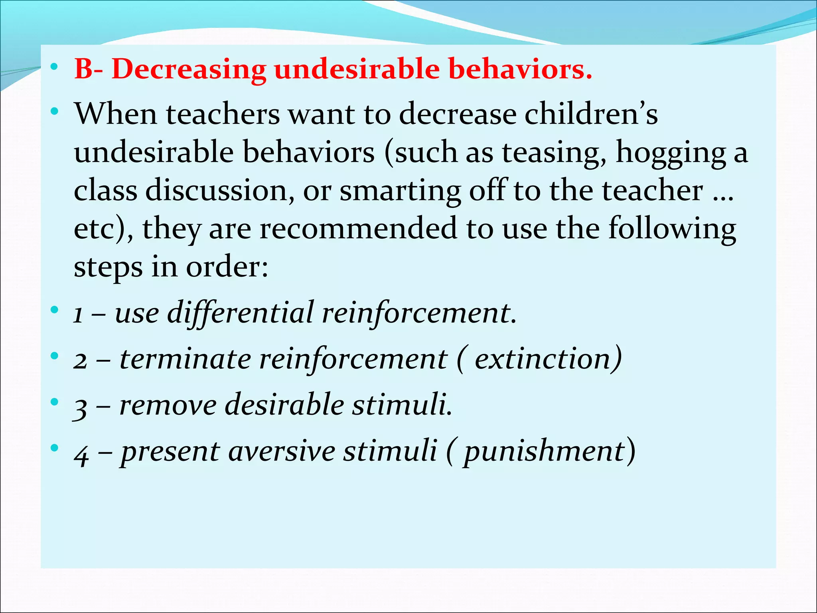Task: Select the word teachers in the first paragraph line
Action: pos(223,115)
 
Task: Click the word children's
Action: pos(591,115)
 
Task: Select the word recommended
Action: pos(358,229)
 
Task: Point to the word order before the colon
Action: pos(223,267)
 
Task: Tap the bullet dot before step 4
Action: pos(55,448)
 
